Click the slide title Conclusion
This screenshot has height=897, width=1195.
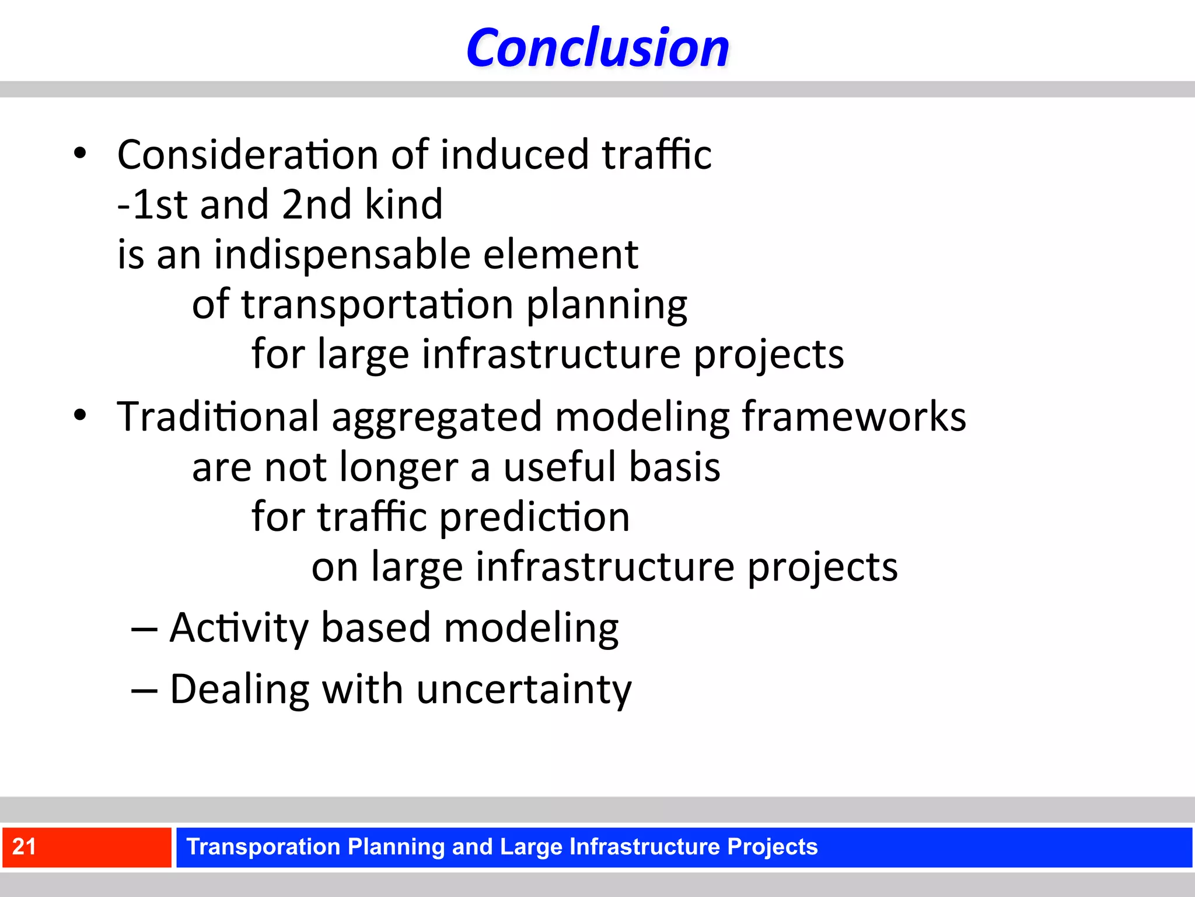[597, 48]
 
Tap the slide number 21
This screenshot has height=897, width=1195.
[25, 846]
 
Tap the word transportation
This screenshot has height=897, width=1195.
[377, 304]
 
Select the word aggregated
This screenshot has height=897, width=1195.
[437, 418]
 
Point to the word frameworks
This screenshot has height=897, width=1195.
[854, 416]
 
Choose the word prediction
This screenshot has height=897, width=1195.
[534, 517]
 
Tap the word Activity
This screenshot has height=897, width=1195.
[239, 628]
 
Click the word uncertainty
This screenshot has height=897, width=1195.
[523, 690]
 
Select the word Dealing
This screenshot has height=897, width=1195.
[239, 690]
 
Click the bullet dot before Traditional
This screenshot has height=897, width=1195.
[80, 415]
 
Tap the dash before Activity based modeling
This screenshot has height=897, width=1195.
[144, 630]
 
